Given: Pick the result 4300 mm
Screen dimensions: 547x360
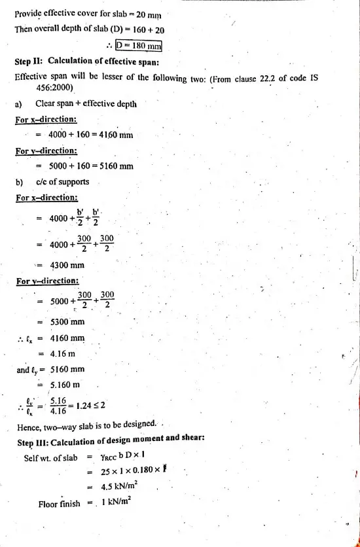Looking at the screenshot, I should (x=67, y=266).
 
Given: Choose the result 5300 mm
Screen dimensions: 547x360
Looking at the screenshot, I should (x=67, y=322).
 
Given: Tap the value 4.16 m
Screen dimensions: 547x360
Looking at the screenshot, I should (x=64, y=353).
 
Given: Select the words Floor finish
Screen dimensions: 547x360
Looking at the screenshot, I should (x=59, y=504).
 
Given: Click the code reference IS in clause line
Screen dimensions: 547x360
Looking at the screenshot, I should (x=314, y=77).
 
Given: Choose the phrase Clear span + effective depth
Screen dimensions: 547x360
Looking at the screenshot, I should (x=86, y=103).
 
